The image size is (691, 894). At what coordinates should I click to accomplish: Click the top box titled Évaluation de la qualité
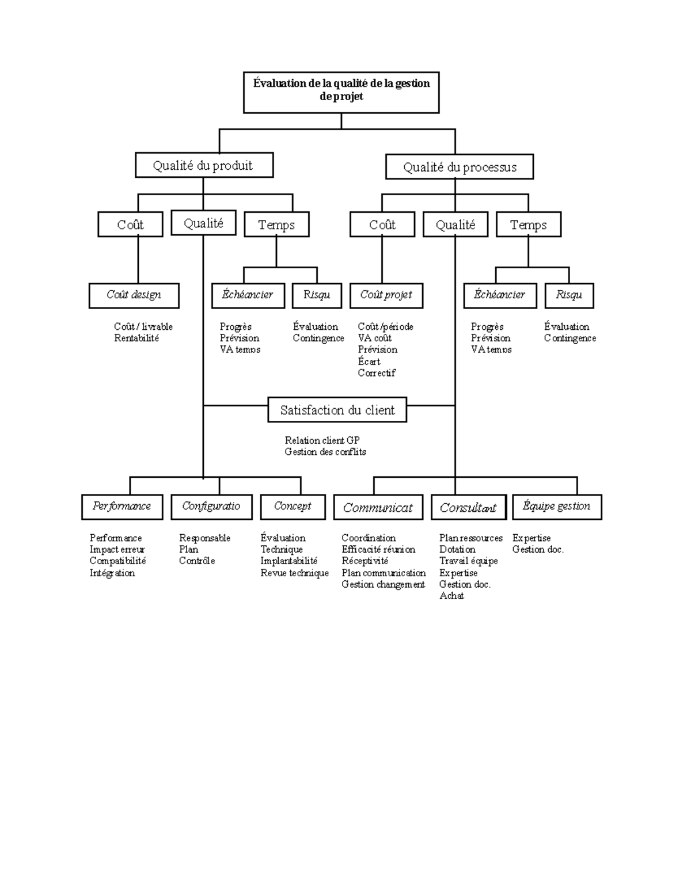[341, 92]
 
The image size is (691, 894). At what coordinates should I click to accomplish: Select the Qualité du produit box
[204, 166]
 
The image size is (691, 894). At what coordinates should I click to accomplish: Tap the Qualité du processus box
[459, 167]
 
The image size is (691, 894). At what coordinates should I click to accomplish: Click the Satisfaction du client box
[337, 410]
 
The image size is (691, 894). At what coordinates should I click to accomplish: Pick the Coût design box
[134, 295]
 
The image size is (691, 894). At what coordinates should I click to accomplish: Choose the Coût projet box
[386, 295]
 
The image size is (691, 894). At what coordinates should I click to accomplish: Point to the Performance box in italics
[122, 507]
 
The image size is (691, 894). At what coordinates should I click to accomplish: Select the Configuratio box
[211, 507]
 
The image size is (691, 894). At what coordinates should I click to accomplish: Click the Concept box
[293, 507]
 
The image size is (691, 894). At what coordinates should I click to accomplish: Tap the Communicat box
[378, 508]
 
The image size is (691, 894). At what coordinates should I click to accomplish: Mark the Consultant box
[468, 508]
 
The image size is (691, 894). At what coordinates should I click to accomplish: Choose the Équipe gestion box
[556, 507]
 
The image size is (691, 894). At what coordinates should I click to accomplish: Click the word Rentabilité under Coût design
[136, 338]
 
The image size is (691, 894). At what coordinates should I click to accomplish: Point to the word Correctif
[377, 373]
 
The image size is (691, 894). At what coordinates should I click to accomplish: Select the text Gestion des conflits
[325, 452]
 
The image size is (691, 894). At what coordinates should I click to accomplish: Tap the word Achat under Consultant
[451, 596]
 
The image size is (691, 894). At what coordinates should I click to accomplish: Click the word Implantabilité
[288, 561]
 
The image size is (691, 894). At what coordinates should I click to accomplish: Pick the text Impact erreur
[117, 550]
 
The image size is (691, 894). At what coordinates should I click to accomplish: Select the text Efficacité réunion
[378, 550]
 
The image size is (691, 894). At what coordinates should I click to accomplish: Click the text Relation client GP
[322, 441]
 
